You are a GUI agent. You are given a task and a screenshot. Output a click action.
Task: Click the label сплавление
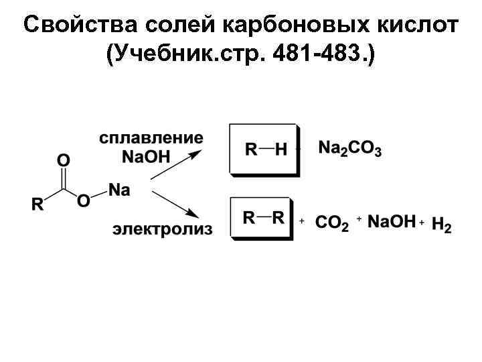click(151, 138)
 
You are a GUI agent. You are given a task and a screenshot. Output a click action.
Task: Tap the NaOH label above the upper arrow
click(146, 156)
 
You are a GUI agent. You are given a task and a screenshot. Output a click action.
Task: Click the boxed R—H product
click(264, 149)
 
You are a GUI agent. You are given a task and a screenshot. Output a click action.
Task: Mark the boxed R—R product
click(262, 218)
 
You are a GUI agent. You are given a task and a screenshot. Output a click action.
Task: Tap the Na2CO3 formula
click(350, 149)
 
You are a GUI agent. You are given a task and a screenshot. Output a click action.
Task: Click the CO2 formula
click(331, 223)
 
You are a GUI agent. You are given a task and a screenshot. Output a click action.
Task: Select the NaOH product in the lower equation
click(392, 221)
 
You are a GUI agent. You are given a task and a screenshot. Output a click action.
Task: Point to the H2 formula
click(442, 225)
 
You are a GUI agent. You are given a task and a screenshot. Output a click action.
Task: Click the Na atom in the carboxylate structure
click(119, 190)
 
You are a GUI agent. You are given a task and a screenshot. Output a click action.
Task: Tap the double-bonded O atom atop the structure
click(63, 160)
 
